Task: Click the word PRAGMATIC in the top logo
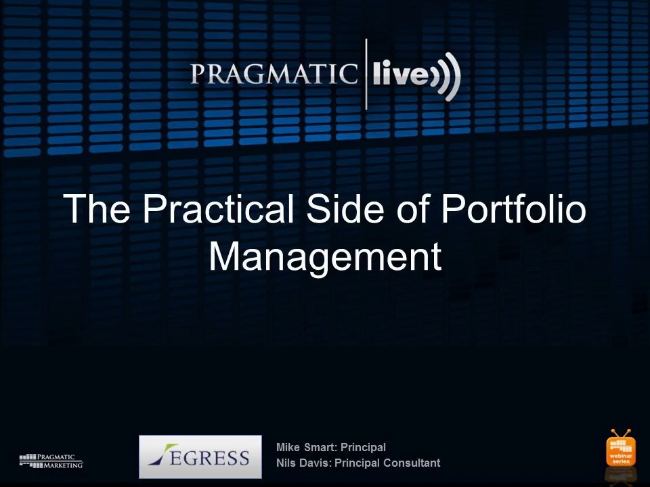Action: [274, 74]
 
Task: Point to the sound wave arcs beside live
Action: [446, 76]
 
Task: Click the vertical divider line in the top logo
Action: [366, 74]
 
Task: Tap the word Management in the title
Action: [326, 256]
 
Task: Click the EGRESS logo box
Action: [200, 457]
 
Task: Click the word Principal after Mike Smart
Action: [363, 448]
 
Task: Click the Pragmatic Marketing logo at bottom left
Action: [51, 461]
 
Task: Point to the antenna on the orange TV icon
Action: [621, 434]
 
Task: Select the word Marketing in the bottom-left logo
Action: [63, 465]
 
